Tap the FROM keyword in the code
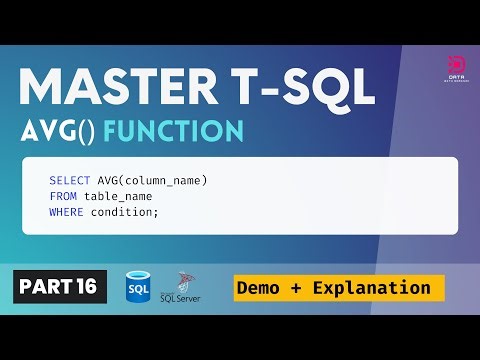[62, 196]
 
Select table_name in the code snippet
[117, 196]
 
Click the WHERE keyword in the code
[65, 212]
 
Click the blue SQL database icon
[138, 286]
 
